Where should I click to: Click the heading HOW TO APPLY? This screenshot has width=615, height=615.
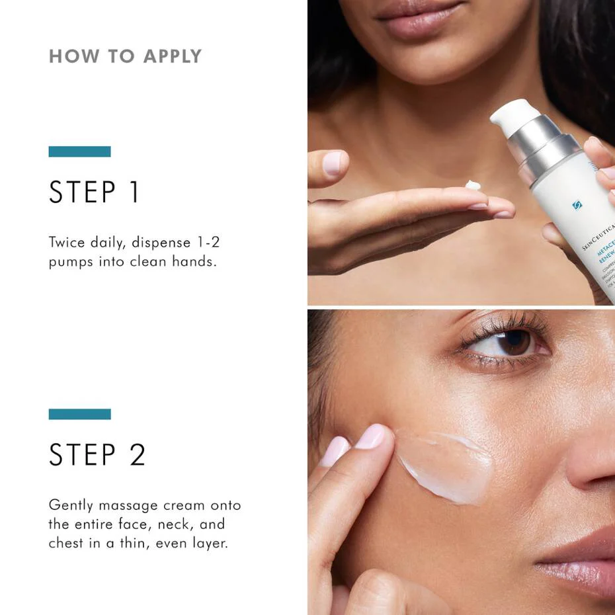(125, 56)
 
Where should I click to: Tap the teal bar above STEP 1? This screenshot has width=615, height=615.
(79, 151)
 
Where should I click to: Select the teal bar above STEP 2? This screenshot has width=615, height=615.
(79, 414)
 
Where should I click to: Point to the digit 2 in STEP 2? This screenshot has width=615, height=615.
(137, 454)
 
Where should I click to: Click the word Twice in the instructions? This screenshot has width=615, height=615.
(67, 242)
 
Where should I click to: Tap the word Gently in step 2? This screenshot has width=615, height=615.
(71, 505)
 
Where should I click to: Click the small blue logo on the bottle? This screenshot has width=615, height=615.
(577, 205)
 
